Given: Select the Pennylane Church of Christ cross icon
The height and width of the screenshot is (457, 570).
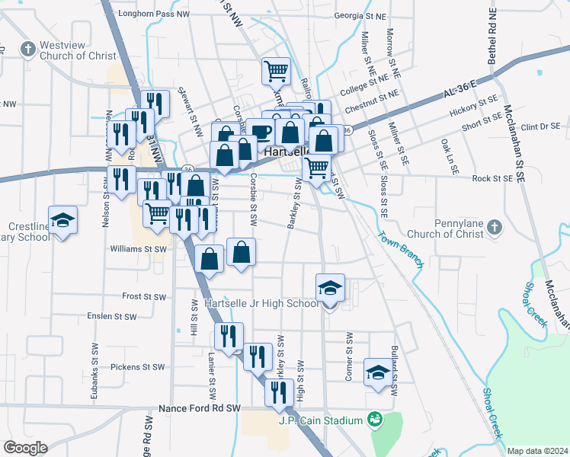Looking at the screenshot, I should tap(494, 227).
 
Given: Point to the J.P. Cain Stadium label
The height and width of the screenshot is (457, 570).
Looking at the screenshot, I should tap(320, 420).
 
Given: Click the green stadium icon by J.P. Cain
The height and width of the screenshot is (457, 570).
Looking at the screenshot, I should tap(374, 419).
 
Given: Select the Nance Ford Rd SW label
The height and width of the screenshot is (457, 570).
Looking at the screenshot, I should tap(199, 408).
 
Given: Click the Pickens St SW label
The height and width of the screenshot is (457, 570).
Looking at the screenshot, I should tap(138, 367).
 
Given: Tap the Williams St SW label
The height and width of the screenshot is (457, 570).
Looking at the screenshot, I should tap(138, 249).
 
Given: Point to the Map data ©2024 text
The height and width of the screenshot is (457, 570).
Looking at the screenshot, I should tap(536, 451).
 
